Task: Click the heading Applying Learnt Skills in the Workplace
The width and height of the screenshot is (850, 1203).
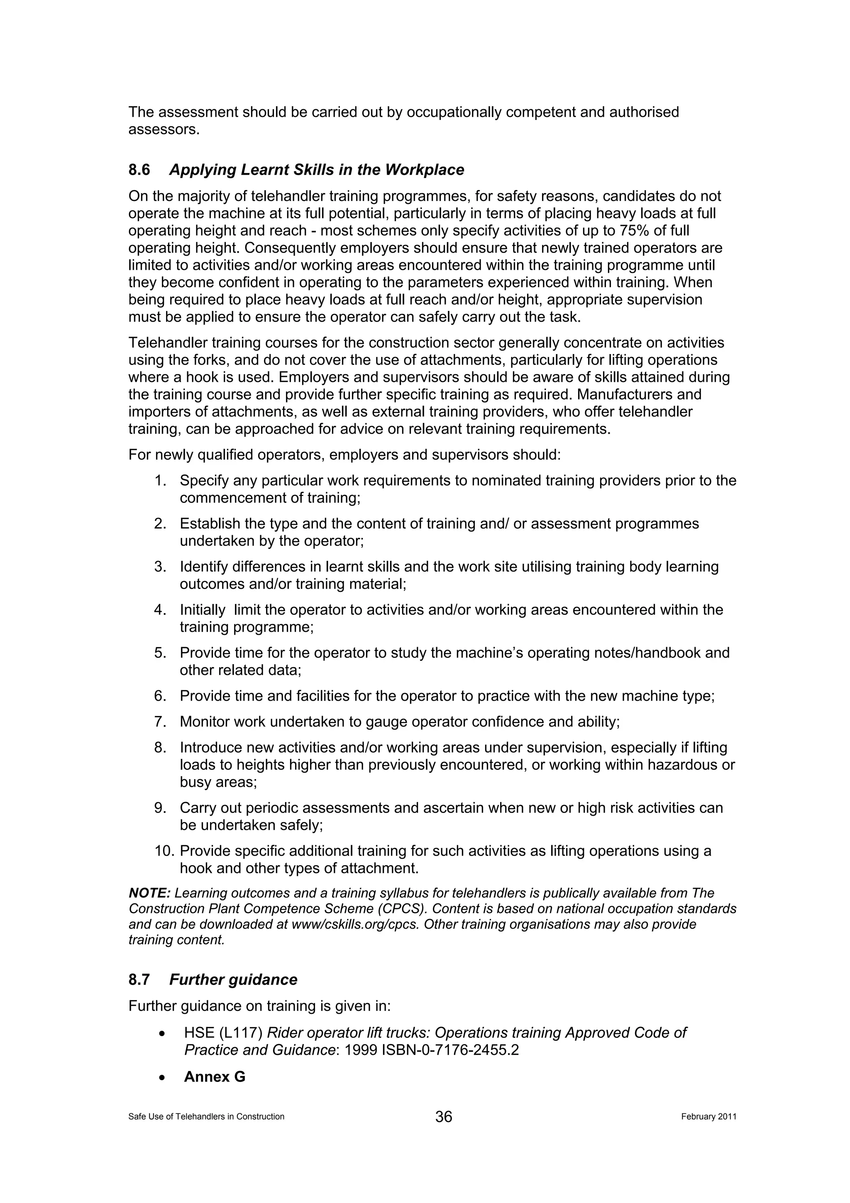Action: (x=316, y=170)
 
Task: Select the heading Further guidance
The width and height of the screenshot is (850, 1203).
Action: (x=233, y=980)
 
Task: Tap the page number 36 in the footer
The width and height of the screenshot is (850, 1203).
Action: (x=443, y=1117)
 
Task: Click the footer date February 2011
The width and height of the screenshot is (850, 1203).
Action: (x=708, y=1117)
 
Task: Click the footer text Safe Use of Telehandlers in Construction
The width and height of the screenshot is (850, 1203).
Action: (x=206, y=1117)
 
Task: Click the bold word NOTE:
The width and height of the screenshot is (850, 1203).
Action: (x=149, y=893)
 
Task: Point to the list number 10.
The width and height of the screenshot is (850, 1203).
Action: (x=164, y=851)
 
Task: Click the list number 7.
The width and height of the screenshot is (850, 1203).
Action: (x=160, y=721)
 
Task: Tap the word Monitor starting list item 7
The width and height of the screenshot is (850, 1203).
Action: (x=205, y=721)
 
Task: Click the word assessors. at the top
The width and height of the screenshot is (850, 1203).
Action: (x=164, y=130)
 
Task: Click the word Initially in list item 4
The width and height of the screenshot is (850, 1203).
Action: (x=203, y=610)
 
